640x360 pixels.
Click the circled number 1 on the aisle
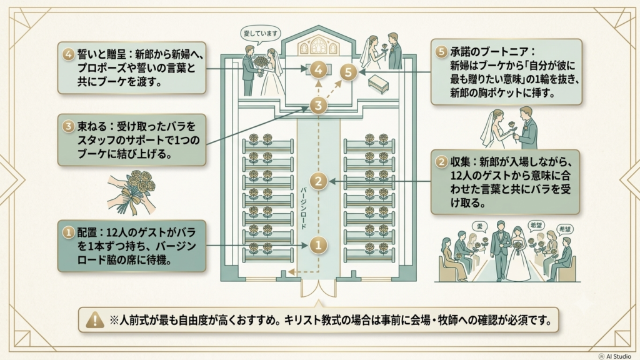tap(318, 245)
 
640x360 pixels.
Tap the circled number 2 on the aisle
tap(318, 181)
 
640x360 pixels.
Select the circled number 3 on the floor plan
tap(318, 106)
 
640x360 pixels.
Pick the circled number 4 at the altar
tap(318, 70)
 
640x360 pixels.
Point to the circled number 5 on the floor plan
tap(348, 72)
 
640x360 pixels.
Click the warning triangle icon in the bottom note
tap(95, 319)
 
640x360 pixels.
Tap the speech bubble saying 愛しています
tap(260, 34)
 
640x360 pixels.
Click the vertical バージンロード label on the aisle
tap(303, 207)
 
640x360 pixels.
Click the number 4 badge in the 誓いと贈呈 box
tap(68, 54)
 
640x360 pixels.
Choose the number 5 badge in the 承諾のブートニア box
tap(441, 52)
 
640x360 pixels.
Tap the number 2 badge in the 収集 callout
tap(442, 162)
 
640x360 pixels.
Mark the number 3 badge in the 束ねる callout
tap(68, 126)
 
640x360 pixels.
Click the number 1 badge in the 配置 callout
tap(68, 232)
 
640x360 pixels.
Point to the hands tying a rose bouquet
tap(132, 192)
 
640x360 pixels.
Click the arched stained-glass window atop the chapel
tap(318, 45)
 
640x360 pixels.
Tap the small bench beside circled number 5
tap(378, 84)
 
